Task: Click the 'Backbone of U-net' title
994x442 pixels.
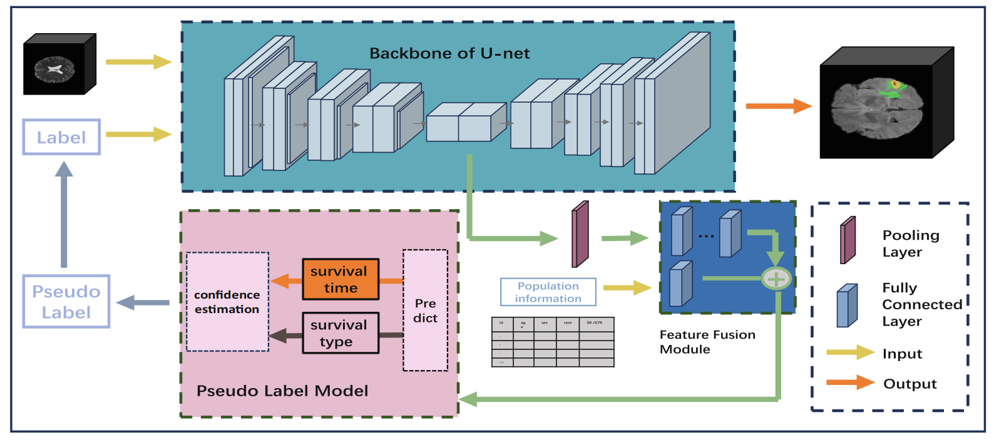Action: pyautogui.click(x=449, y=53)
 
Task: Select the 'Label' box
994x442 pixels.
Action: pyautogui.click(x=61, y=137)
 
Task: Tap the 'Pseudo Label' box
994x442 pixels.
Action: pyautogui.click(x=66, y=302)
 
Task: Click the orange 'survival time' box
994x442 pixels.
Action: pyautogui.click(x=341, y=279)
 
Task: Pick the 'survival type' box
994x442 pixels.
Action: pyautogui.click(x=341, y=333)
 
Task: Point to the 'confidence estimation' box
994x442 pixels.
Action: pyautogui.click(x=227, y=302)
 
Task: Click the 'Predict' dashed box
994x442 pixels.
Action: pyautogui.click(x=426, y=311)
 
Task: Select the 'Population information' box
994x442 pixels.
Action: pyautogui.click(x=548, y=292)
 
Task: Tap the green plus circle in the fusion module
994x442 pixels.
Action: pyautogui.click(x=776, y=279)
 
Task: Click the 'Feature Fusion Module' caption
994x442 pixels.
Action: pyautogui.click(x=707, y=342)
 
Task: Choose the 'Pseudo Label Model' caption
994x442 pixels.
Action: pyautogui.click(x=282, y=391)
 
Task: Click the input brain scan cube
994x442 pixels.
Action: pyautogui.click(x=59, y=65)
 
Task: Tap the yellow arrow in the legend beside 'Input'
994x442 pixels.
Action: pyautogui.click(x=850, y=352)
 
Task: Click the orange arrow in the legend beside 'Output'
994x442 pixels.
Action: pyautogui.click(x=850, y=383)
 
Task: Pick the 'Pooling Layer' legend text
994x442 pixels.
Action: pyautogui.click(x=911, y=244)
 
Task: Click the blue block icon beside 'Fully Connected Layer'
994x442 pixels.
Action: pyautogui.click(x=847, y=306)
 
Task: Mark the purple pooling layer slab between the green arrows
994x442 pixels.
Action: pyautogui.click(x=580, y=235)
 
